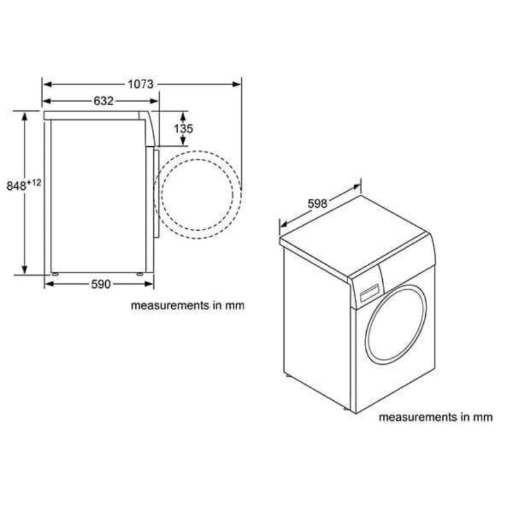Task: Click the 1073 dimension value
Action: [140, 84]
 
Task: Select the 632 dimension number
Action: [103, 101]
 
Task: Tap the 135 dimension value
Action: [183, 128]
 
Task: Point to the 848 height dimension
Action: [17, 186]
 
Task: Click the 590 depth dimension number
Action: [100, 284]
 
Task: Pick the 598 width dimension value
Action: [317, 204]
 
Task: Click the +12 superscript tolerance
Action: [34, 183]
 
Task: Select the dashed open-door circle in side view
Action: [200, 190]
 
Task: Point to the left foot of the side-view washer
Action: [55, 274]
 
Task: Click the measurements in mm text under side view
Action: [188, 306]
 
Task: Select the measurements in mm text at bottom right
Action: [435, 417]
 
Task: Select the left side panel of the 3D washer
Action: [317, 327]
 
